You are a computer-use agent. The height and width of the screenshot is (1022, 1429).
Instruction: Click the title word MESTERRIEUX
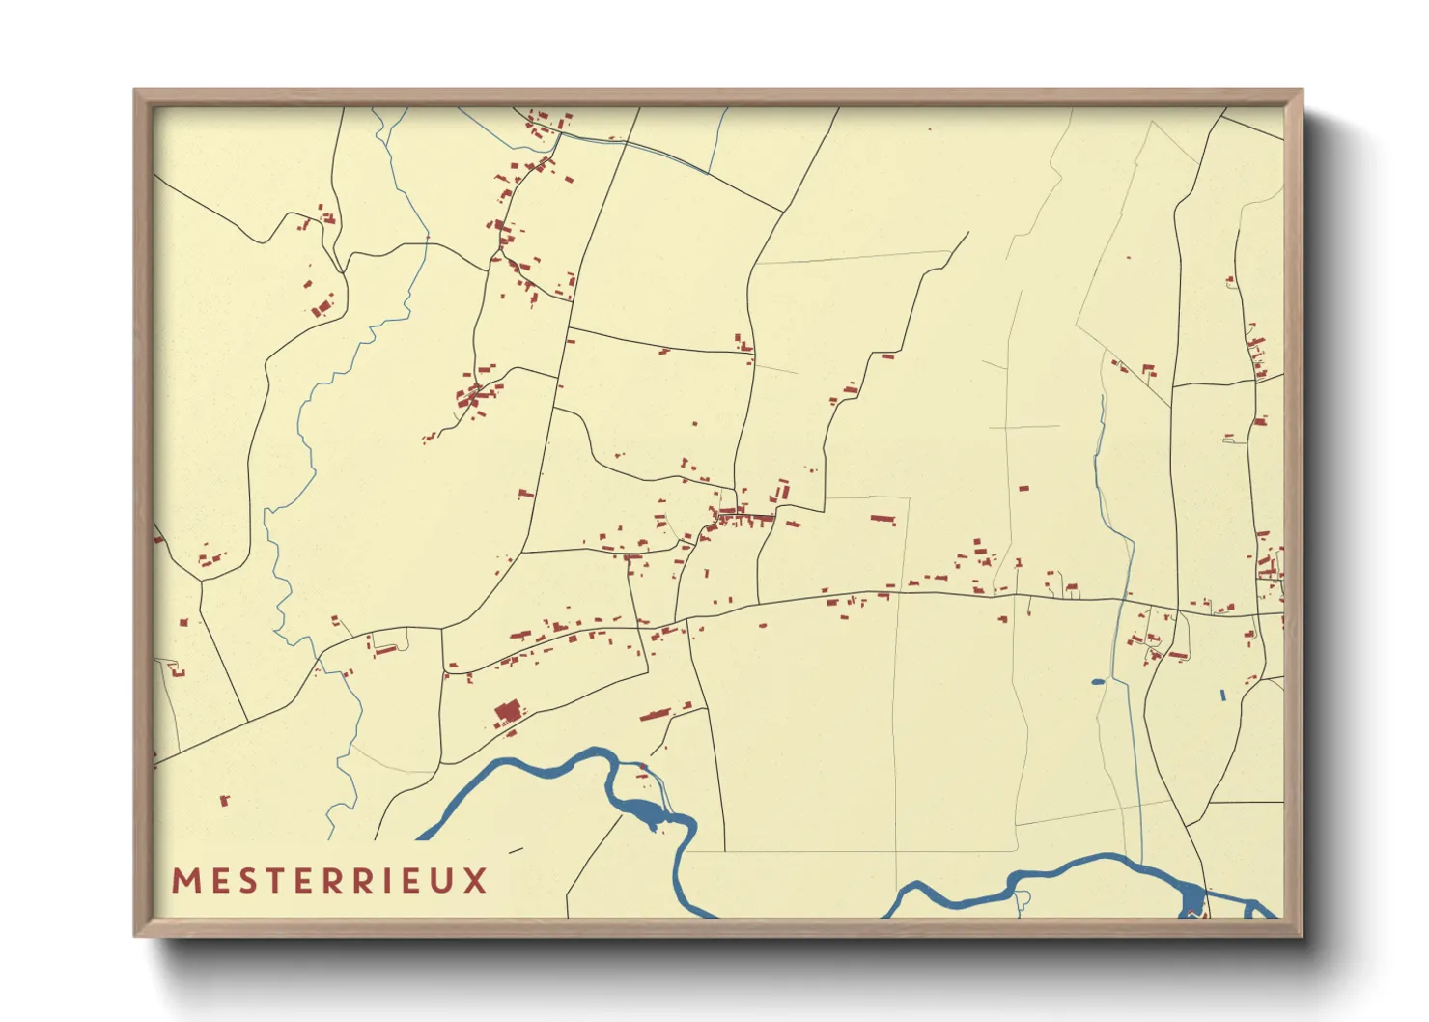click(329, 881)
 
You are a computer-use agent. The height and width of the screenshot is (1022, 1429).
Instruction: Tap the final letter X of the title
click(475, 881)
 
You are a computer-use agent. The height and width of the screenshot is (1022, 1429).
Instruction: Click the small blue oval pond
click(1098, 682)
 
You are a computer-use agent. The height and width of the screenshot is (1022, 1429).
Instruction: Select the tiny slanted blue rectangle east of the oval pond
click(1222, 695)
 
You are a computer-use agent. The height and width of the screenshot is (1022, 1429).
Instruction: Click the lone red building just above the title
click(225, 800)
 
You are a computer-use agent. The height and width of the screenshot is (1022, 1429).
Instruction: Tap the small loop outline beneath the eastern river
click(1022, 902)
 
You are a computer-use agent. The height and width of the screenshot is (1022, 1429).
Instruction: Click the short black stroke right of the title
click(515, 851)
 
